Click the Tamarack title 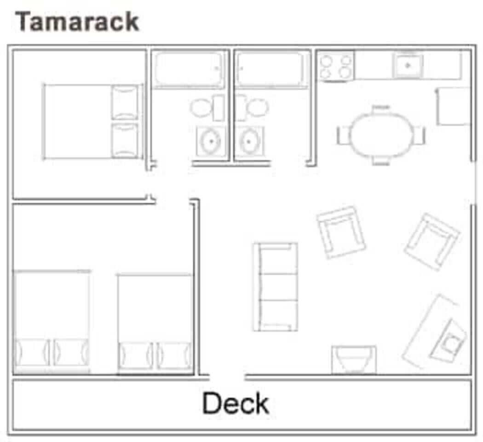click(x=77, y=21)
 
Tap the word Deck click(x=236, y=403)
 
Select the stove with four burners click(x=336, y=66)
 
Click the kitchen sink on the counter click(x=408, y=65)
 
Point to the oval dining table click(x=381, y=135)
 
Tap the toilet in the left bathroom click(x=207, y=108)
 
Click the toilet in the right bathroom click(x=252, y=108)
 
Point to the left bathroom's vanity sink click(x=211, y=141)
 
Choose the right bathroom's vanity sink click(x=249, y=141)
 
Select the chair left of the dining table click(x=343, y=135)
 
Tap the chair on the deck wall click(x=354, y=360)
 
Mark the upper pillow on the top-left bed click(x=125, y=102)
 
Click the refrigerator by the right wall click(x=453, y=107)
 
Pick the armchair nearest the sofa click(x=341, y=232)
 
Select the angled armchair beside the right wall click(x=432, y=242)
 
